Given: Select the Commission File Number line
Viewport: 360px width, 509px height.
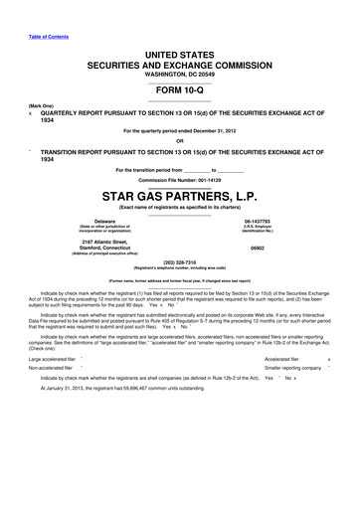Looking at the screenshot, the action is [x=180, y=179].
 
